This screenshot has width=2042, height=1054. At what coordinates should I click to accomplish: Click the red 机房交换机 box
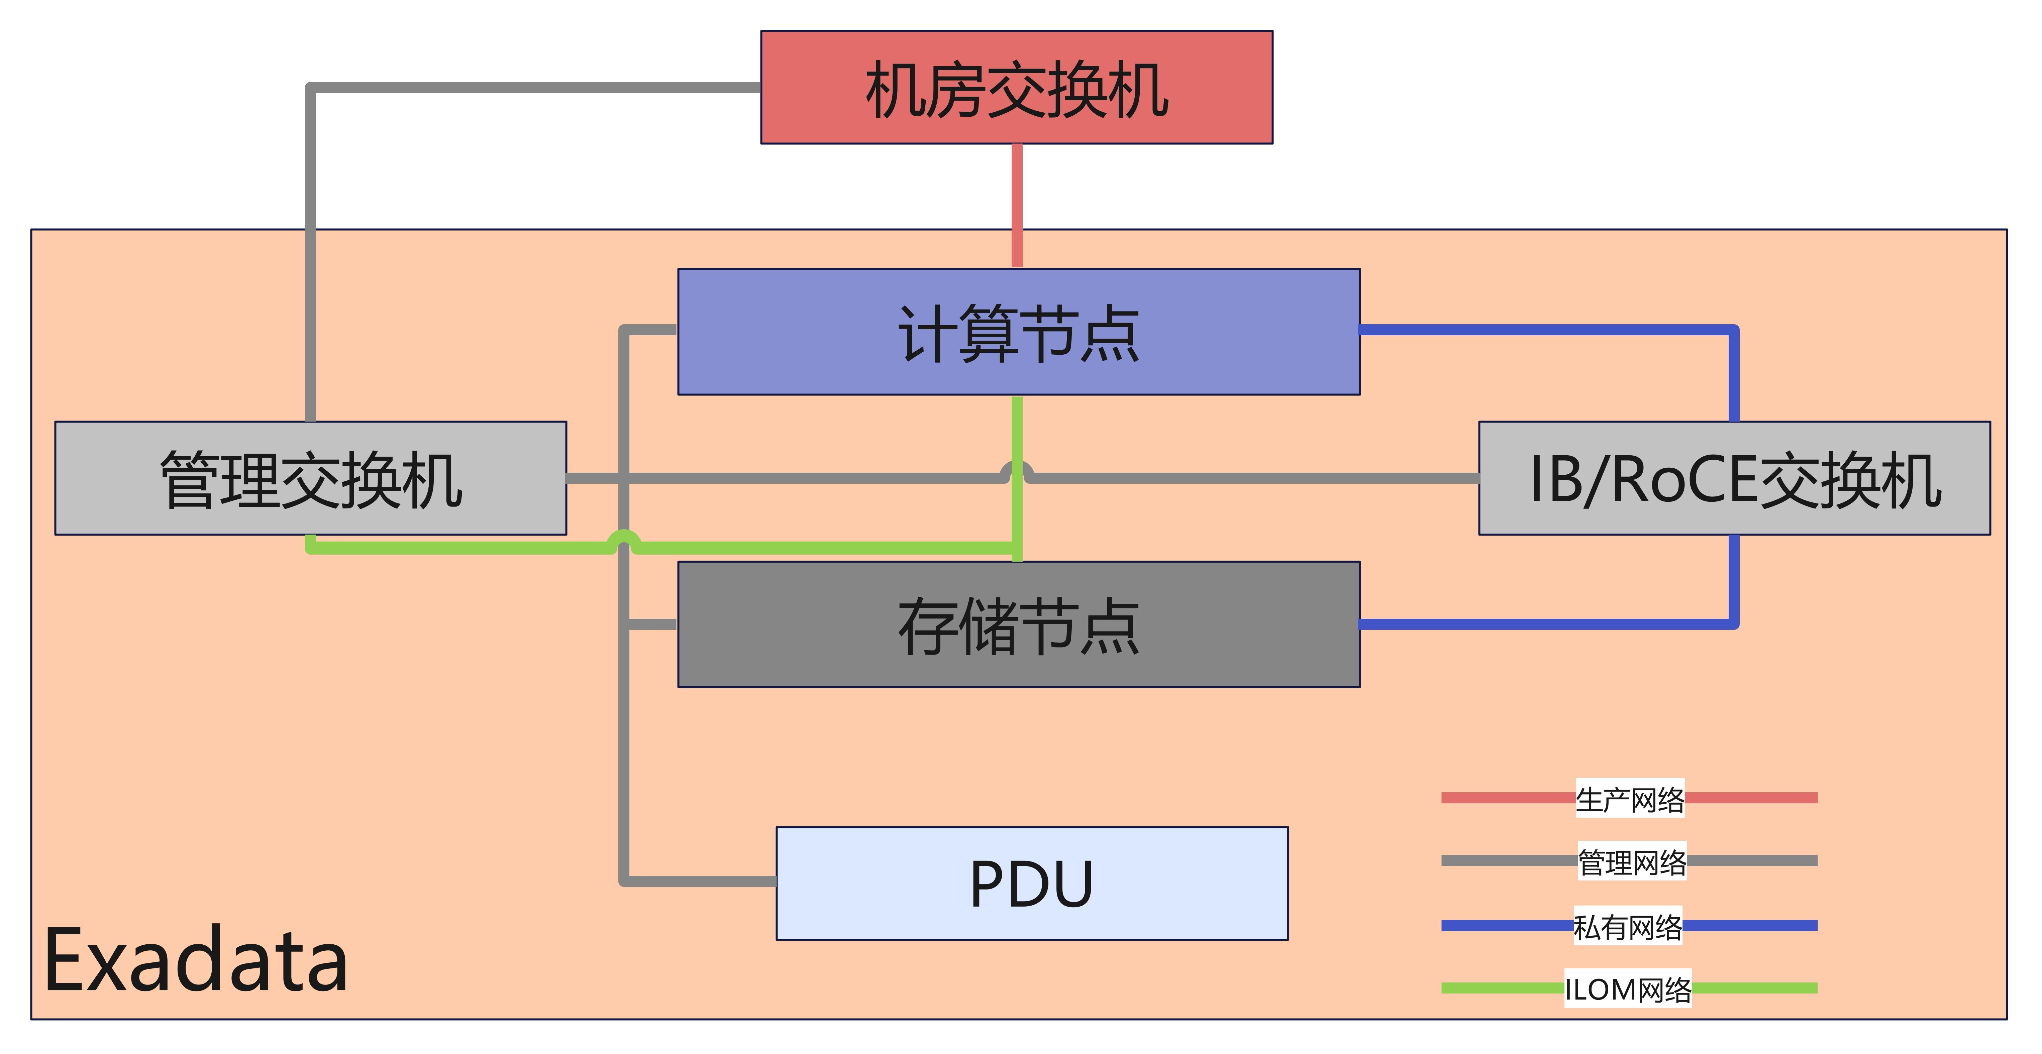click(1016, 87)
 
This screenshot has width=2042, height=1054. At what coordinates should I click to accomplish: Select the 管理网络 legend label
click(1631, 861)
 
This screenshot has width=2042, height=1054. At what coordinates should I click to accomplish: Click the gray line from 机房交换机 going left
click(531, 87)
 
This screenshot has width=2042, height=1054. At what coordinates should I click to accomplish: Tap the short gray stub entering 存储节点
click(651, 624)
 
